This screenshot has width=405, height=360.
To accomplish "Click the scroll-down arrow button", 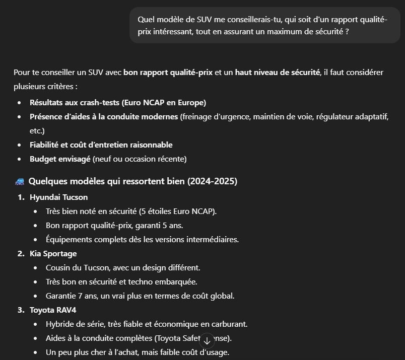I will click(207, 341).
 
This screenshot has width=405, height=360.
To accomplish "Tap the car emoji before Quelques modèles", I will click(19, 181).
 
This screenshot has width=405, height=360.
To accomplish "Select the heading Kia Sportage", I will click(53, 253).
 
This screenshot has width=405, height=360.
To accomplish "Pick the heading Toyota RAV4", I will click(53, 310).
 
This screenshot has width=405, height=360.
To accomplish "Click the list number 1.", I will click(21, 197).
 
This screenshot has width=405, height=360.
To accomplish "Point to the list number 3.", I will click(21, 310).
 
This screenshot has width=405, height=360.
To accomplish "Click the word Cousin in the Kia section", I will click(58, 267).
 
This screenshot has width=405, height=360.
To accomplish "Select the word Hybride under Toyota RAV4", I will click(60, 324).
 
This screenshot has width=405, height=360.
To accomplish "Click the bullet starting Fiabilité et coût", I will click(101, 145).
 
